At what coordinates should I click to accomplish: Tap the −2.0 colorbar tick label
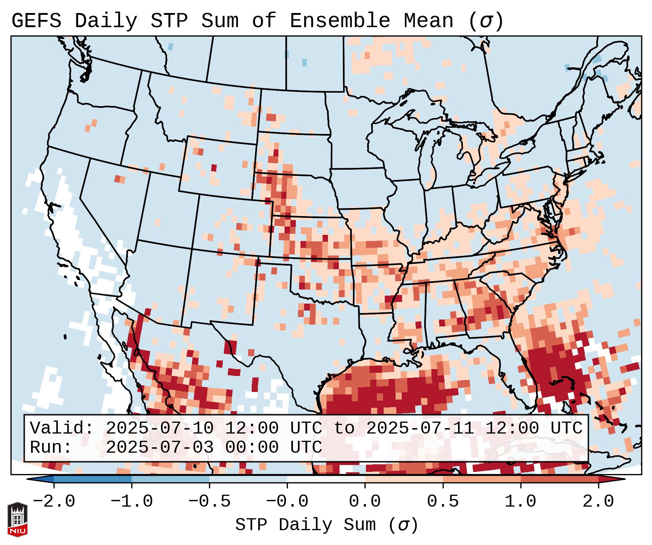(54, 502)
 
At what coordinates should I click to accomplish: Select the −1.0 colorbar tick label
(132, 502)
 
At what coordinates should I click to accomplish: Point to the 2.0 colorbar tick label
(598, 502)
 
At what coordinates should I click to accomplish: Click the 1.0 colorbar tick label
(521, 502)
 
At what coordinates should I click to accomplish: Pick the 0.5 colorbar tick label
(443, 502)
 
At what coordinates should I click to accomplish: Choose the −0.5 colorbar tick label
(209, 502)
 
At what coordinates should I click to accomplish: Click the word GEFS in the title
(36, 21)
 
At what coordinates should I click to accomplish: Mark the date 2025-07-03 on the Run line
(160, 447)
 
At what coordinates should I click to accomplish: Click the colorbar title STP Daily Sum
(306, 525)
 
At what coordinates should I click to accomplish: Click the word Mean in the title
(428, 21)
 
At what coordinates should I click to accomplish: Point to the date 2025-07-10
(160, 428)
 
